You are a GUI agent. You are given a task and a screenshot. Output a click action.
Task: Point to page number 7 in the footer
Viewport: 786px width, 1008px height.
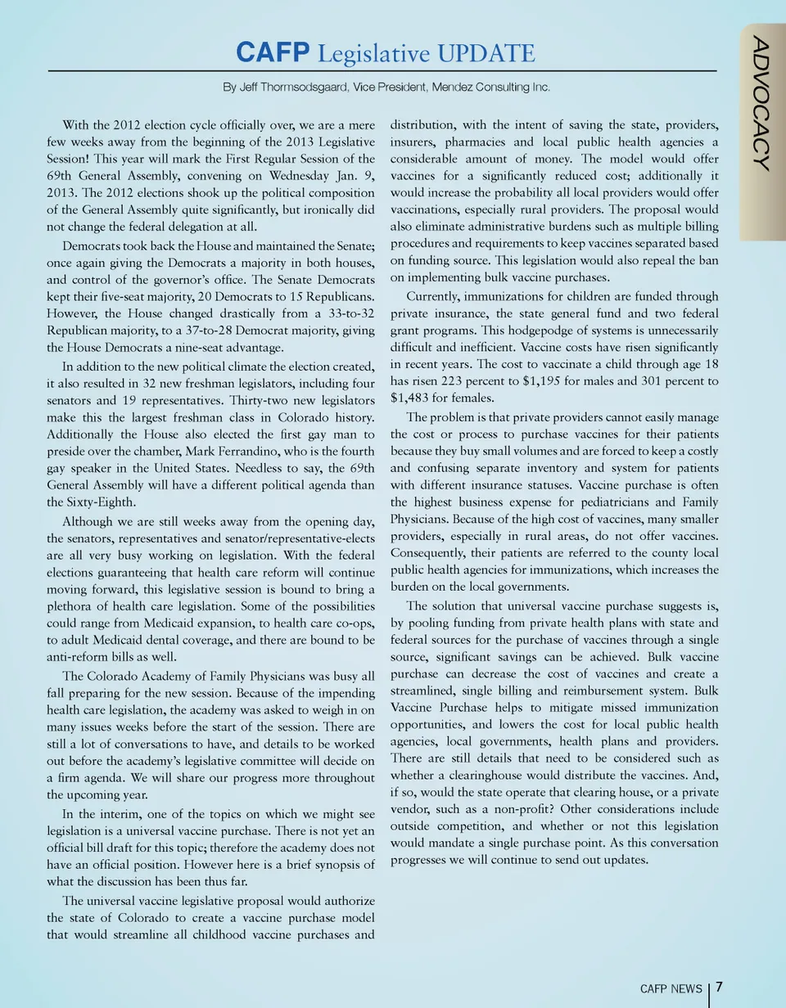[719, 987]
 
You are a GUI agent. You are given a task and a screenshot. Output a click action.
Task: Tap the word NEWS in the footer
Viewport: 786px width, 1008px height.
[685, 988]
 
